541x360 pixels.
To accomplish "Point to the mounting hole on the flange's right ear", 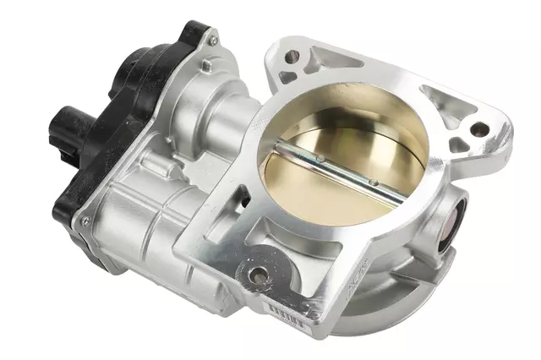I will (x=478, y=129).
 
